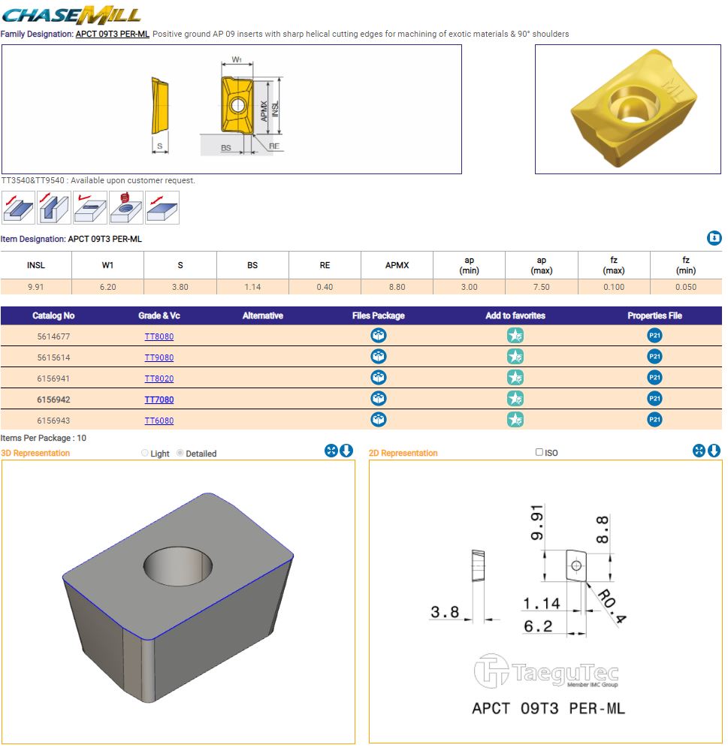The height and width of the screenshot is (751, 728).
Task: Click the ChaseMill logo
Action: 71,15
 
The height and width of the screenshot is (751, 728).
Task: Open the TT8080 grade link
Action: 159,336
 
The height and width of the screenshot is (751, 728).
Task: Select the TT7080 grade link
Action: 159,400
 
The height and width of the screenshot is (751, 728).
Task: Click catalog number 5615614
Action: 53,357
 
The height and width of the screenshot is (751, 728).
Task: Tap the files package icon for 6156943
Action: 379,420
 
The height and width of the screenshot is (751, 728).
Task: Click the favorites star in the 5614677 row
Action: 515,335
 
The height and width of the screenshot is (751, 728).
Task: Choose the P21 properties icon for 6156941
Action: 654,378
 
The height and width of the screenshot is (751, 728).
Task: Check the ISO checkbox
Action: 539,452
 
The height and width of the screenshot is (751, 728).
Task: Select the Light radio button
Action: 145,453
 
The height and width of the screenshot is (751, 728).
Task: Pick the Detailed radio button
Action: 180,453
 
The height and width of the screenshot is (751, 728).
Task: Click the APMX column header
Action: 397,265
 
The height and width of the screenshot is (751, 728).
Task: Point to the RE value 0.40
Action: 325,287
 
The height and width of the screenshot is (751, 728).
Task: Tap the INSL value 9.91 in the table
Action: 36,287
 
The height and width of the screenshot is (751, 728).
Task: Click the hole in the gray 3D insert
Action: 178,566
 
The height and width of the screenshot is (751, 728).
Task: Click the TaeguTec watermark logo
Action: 546,671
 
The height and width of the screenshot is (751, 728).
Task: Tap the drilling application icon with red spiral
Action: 126,207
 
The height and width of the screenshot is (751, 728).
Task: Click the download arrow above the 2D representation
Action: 714,451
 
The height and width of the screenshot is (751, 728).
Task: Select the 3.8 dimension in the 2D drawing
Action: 445,611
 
